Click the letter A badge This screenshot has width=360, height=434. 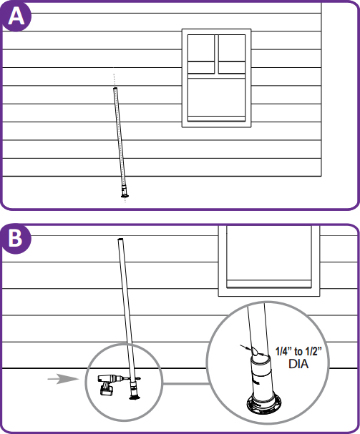(x=16, y=16)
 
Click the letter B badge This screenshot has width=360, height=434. (x=16, y=239)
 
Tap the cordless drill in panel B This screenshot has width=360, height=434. (x=110, y=383)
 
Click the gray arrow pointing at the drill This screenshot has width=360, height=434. (x=63, y=379)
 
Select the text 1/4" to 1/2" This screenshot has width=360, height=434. (x=298, y=351)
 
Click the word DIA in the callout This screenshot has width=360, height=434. (x=298, y=364)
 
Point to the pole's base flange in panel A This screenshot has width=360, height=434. (x=125, y=196)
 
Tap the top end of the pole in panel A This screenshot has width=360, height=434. (x=115, y=89)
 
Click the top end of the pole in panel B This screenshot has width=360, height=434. (x=120, y=239)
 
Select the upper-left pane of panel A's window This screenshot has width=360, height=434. (x=201, y=48)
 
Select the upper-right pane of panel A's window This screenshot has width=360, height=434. (x=232, y=48)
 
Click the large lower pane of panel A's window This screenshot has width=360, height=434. (x=216, y=97)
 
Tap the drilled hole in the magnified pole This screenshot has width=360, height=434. (x=255, y=352)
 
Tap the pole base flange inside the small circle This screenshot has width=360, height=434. (x=135, y=398)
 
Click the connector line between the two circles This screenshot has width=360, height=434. (x=185, y=384)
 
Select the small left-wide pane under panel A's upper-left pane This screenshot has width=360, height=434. (x=201, y=67)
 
